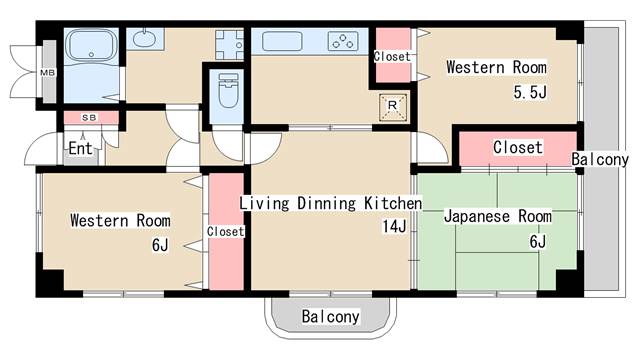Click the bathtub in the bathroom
(91, 45)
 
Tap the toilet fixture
(228, 91)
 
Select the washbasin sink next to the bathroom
(144, 38)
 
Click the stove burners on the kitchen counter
(343, 41)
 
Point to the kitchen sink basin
(282, 41)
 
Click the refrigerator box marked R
(393, 107)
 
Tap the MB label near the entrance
(47, 73)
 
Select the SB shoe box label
(89, 118)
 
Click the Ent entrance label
(80, 148)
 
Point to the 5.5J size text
(530, 92)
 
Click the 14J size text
(394, 226)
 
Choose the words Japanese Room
(498, 216)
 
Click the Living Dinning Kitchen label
(331, 203)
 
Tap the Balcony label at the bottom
(331, 316)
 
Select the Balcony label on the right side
(600, 159)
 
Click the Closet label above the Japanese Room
(518, 147)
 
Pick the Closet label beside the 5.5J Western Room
(392, 56)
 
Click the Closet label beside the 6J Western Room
(225, 231)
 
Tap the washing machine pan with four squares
(229, 45)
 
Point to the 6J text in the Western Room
(160, 245)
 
